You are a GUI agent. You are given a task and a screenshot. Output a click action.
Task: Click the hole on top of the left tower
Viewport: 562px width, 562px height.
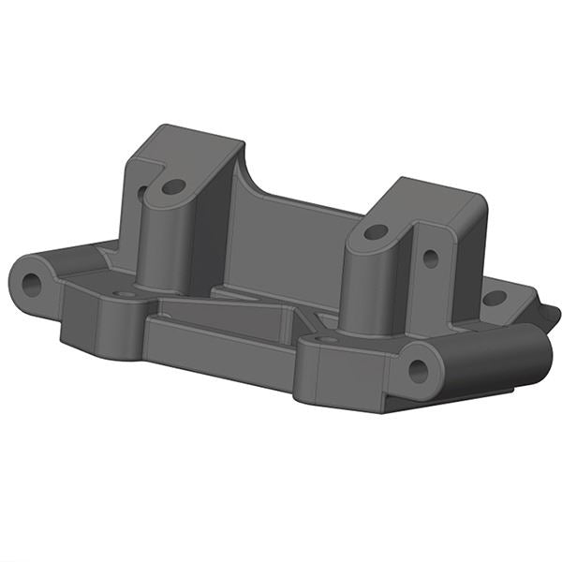click(x=172, y=186)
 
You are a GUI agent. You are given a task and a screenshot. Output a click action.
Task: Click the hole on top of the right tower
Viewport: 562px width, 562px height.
click(x=375, y=230)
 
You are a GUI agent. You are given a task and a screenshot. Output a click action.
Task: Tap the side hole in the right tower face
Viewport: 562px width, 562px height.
click(x=430, y=256)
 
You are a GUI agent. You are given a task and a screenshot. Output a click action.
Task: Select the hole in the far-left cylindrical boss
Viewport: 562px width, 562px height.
click(x=32, y=282)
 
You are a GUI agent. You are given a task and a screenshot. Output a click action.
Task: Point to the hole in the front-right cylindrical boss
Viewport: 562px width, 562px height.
click(x=417, y=370)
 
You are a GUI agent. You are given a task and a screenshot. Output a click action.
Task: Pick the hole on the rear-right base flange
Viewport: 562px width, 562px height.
click(x=494, y=298)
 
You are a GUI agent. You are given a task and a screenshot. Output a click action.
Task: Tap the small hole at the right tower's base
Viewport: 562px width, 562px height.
click(x=328, y=339)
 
